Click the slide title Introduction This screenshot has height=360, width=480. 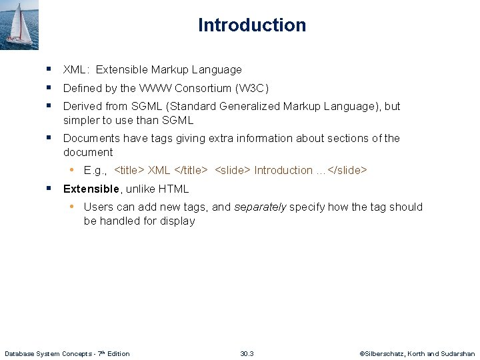point(252,25)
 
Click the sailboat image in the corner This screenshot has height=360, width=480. point(20,25)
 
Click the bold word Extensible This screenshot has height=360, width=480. point(91,189)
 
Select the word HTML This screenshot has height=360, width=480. point(173,189)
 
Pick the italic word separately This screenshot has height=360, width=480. point(260,207)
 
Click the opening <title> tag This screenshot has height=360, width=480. point(130,170)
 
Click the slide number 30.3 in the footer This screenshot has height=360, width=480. point(247,353)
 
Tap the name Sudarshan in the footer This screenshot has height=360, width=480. point(458,353)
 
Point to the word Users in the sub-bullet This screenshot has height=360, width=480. point(99,207)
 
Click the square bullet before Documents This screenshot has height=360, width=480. point(49,137)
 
